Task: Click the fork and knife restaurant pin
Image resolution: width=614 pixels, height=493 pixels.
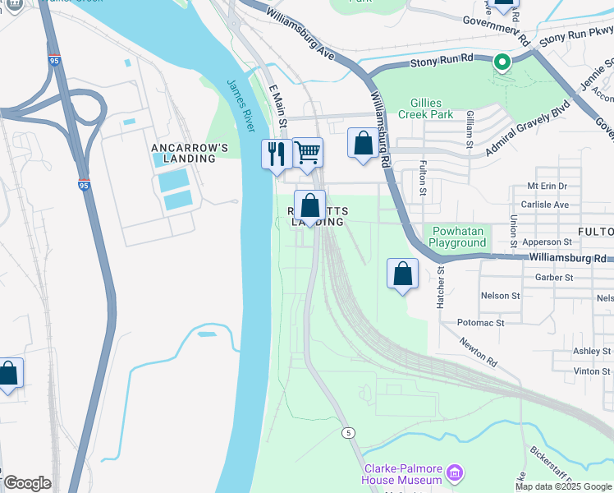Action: coord(276,154)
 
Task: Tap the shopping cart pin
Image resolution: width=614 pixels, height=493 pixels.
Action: coord(307,152)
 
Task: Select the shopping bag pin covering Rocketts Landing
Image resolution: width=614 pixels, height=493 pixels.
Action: coord(309,205)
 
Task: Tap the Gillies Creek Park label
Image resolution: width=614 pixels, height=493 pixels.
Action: coord(431,108)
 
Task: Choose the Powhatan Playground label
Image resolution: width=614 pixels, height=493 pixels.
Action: coord(457,237)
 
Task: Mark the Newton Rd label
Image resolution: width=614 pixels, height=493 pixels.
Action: coord(479,352)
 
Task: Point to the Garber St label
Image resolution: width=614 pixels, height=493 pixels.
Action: coord(553,278)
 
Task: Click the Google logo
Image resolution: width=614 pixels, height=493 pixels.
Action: coord(27,483)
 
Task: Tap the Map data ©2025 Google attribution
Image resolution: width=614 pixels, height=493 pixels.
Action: coord(562,486)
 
